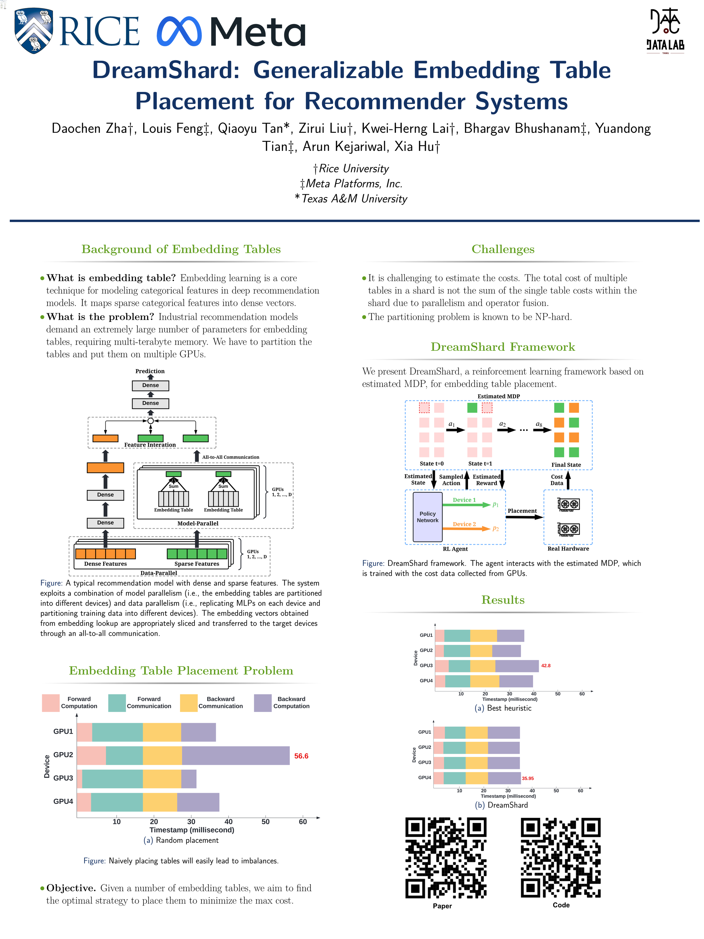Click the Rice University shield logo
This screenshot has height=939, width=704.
[34, 31]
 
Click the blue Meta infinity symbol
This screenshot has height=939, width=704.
[179, 32]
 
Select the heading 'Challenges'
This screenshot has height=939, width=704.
[503, 249]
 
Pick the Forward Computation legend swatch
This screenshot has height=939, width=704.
[51, 703]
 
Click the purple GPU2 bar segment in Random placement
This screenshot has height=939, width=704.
[236, 756]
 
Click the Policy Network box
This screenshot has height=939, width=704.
[427, 517]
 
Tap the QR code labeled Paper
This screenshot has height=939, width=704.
[446, 858]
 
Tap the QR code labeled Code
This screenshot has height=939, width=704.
[561, 858]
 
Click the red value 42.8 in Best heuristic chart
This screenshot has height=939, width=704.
[546, 666]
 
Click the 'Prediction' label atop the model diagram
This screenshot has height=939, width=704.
[150, 371]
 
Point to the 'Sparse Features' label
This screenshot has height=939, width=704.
[196, 564]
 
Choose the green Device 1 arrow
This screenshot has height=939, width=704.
[466, 505]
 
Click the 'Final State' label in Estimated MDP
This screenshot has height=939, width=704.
[566, 465]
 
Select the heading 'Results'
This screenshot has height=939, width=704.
[503, 600]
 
